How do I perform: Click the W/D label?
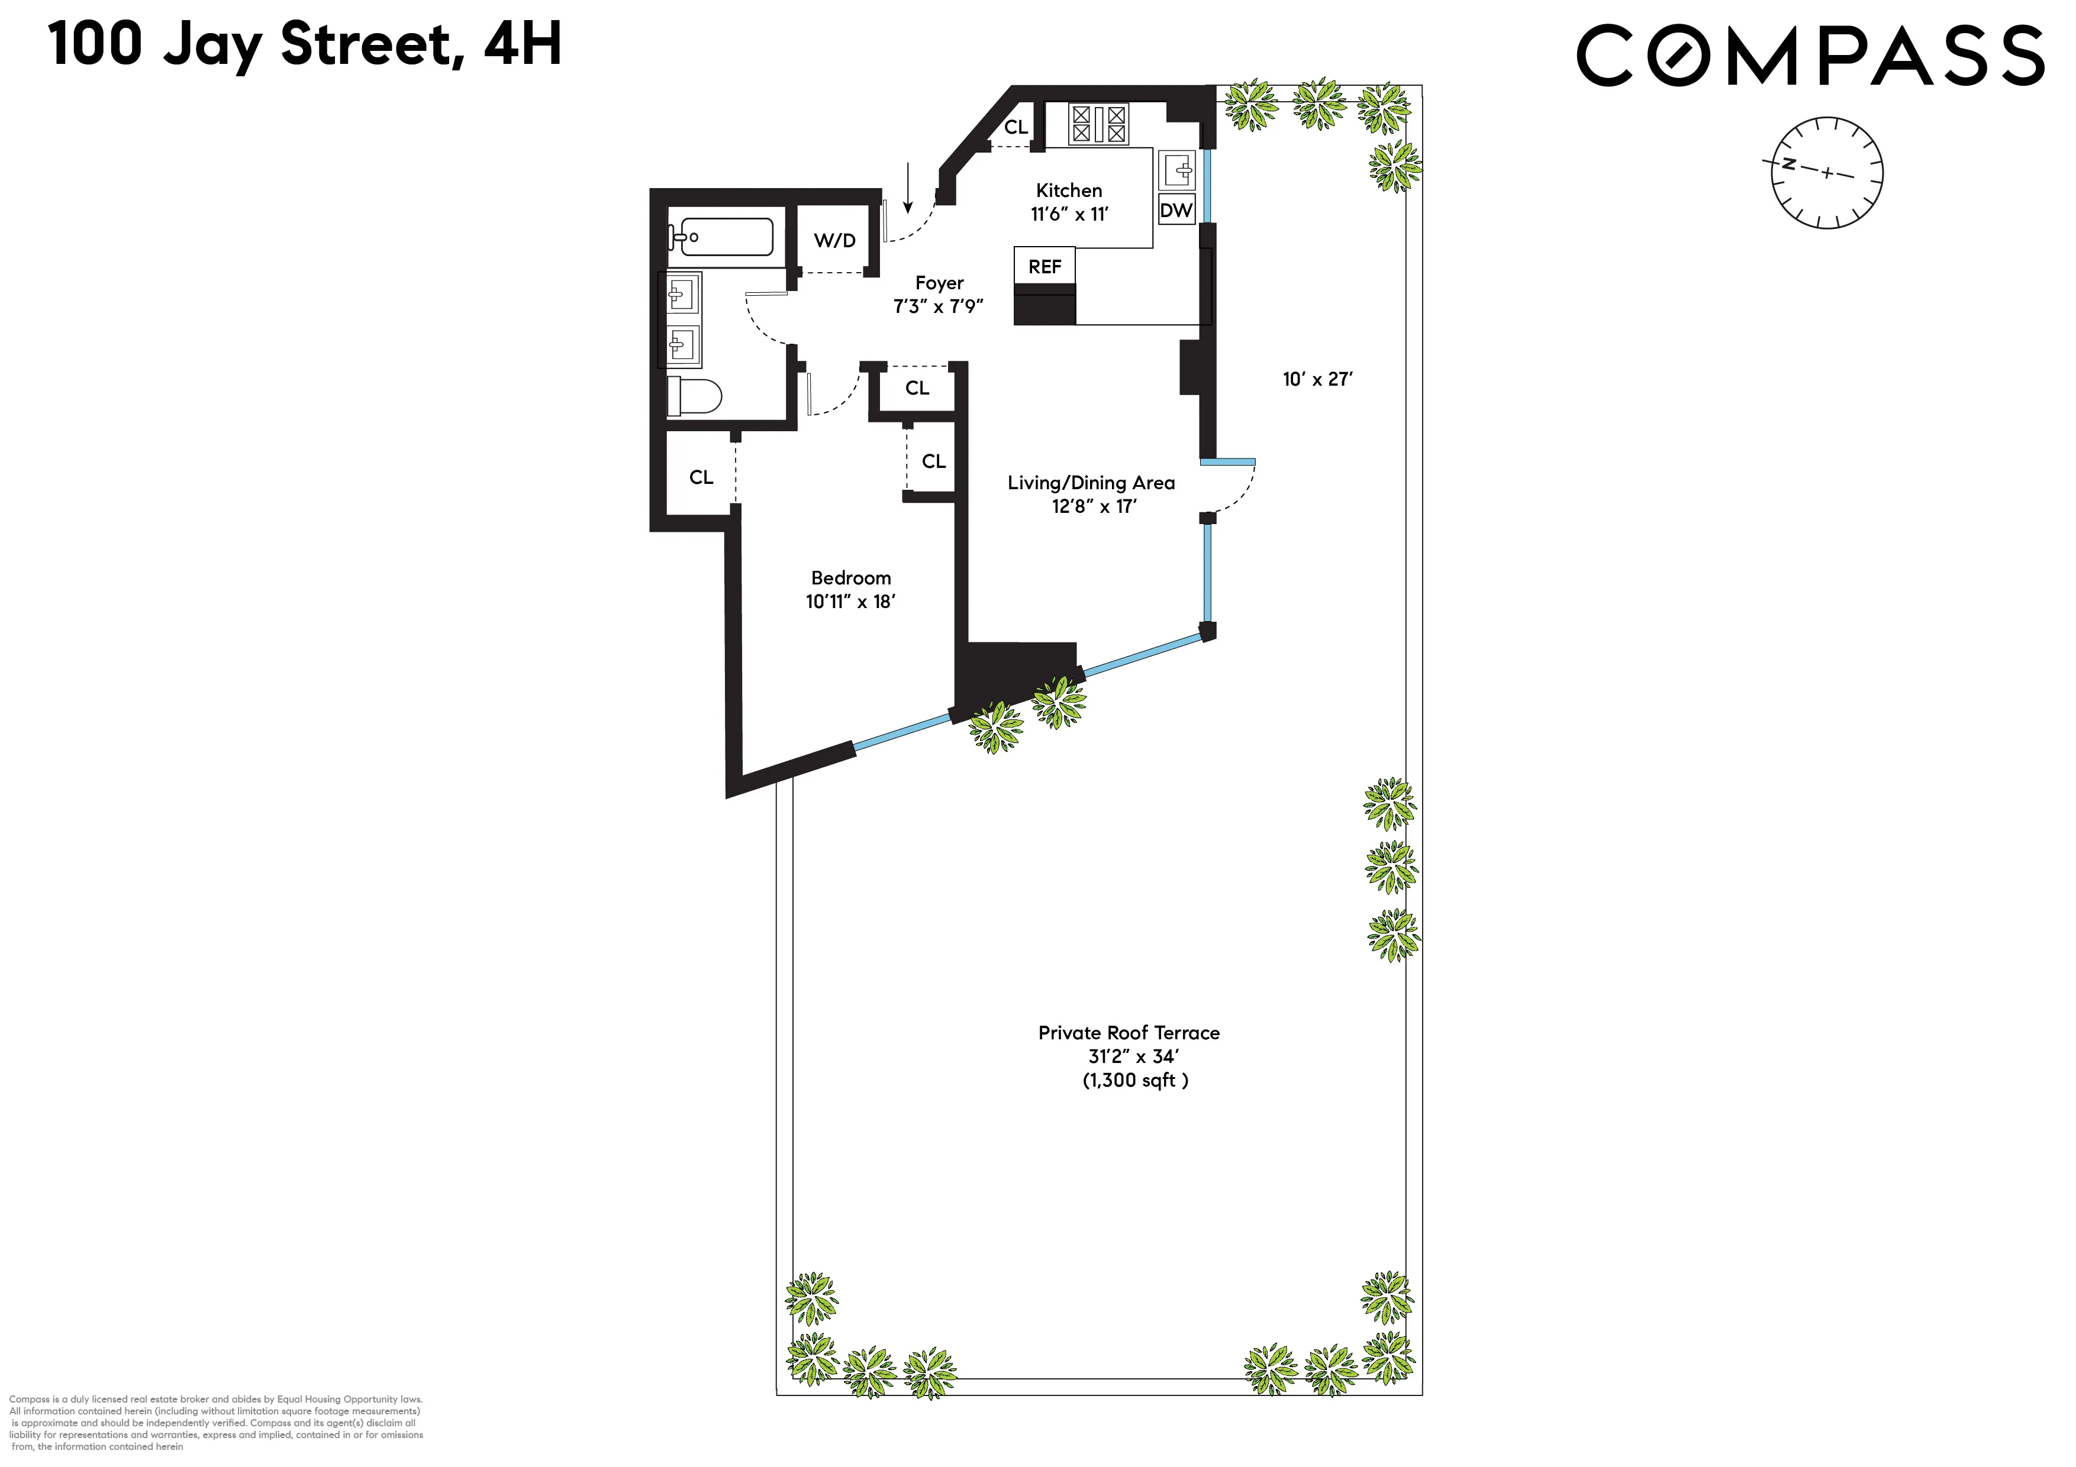(834, 240)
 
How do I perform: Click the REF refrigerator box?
(1045, 267)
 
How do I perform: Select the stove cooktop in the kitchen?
(1098, 124)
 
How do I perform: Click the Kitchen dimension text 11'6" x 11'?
(1069, 214)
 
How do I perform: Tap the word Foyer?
(939, 283)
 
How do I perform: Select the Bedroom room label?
(851, 577)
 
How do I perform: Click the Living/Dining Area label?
(1091, 483)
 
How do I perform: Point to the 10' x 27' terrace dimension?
(1317, 380)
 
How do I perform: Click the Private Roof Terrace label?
(1129, 1032)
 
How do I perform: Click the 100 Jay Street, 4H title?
(305, 45)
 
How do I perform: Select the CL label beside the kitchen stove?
(1016, 127)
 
